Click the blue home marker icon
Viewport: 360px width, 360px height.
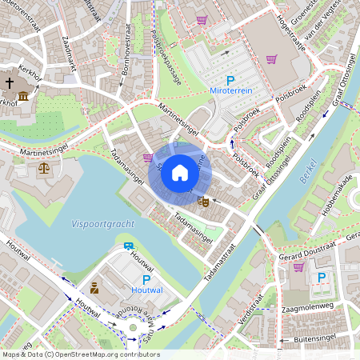180,173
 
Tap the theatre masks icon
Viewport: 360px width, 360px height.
203,203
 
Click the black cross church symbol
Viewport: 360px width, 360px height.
10,82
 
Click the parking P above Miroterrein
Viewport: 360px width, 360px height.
230,81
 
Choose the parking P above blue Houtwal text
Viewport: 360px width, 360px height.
146,279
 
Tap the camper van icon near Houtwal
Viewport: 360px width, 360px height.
129,246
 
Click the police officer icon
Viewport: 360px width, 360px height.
94,287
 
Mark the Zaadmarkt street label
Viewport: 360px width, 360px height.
70,55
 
